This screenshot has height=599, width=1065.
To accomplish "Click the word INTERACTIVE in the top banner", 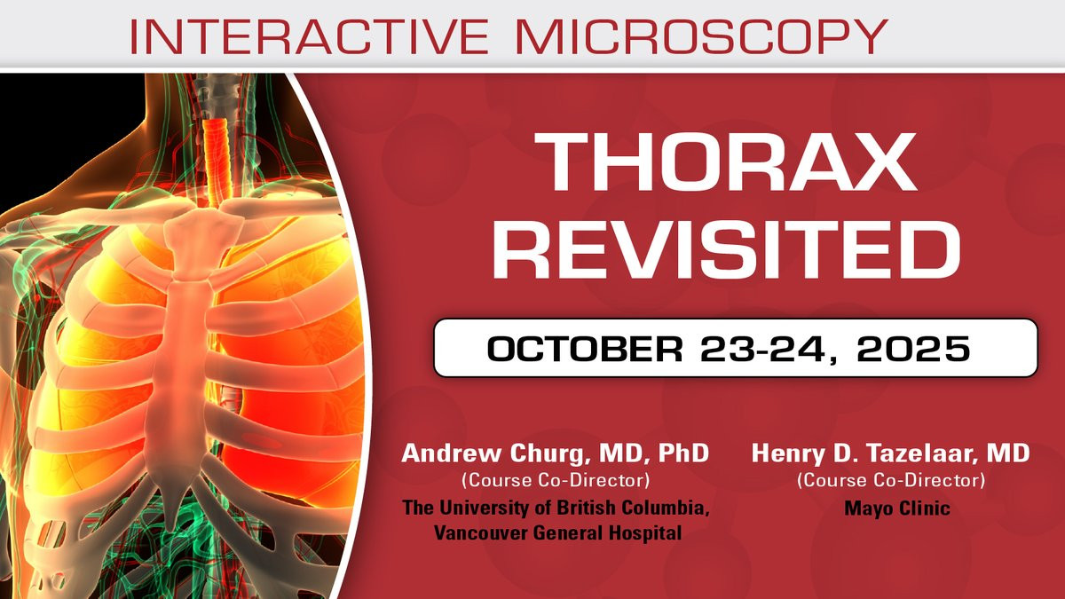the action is [309, 36].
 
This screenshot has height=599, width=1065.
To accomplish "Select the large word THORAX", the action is [726, 162].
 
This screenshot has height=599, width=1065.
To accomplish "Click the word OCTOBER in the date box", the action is [584, 349].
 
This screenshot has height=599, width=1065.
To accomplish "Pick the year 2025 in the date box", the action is [913, 349].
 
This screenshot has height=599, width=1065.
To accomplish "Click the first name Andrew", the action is [451, 453].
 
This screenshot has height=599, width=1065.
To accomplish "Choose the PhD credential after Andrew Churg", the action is [683, 453].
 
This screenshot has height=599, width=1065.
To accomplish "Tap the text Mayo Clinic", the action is [897, 508].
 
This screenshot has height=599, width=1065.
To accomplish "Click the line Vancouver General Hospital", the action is [557, 532].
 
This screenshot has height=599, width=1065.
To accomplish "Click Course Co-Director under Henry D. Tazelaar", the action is [891, 480].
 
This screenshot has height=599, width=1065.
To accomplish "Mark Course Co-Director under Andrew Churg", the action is [556, 480].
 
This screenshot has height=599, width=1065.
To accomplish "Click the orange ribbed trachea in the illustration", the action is [217, 157].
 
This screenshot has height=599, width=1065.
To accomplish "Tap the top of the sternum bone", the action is [203, 217].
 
